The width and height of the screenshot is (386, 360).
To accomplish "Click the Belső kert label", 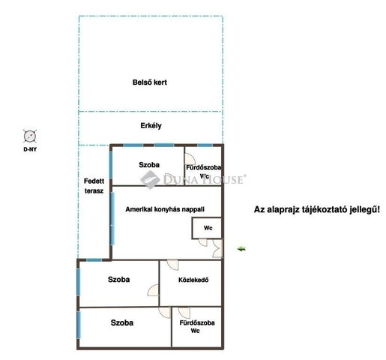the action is [150, 82].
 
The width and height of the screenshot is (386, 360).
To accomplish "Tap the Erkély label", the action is [151, 125].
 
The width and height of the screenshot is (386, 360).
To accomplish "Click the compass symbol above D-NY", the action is [30, 136].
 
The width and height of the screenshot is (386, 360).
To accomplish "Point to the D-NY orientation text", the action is [30, 149].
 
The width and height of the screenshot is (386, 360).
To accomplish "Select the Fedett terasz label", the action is [94, 186].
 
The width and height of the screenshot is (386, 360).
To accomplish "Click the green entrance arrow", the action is [241, 249].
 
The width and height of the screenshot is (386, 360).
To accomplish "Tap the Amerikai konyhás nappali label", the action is [165, 209].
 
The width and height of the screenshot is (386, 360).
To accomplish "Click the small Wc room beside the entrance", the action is [207, 228].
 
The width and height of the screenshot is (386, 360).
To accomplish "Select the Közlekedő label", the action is [193, 280].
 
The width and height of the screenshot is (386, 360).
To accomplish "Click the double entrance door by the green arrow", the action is [218, 248].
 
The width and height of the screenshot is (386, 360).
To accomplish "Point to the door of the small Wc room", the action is [203, 242].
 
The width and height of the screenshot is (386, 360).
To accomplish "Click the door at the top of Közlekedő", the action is [173, 265].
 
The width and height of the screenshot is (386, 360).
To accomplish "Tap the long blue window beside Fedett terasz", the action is [112, 219].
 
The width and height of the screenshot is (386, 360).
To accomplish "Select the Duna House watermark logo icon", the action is [150, 179].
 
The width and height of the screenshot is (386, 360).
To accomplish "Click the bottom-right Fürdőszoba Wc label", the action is [197, 326].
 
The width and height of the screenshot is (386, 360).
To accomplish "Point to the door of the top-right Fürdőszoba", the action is [190, 158].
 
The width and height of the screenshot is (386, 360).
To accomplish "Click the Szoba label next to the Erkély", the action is [149, 165].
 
